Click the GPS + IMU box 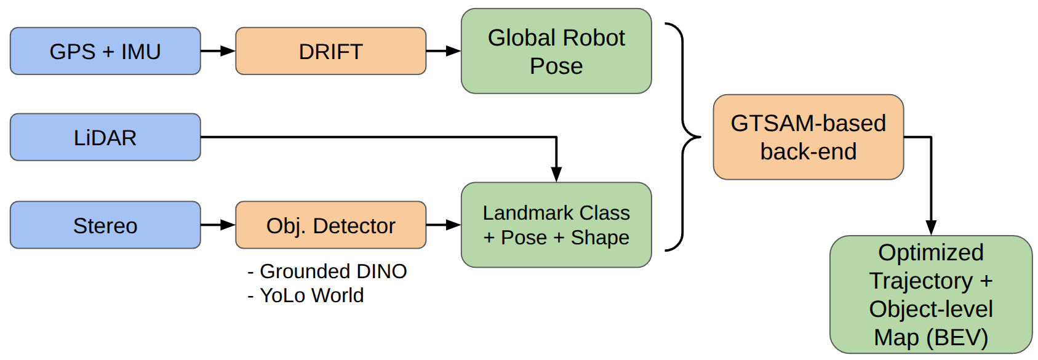tap(105, 51)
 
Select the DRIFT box tap(330, 51)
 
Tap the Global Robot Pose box tap(556, 51)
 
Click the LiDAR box tap(105, 137)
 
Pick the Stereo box tap(105, 225)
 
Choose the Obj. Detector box tap(330, 225)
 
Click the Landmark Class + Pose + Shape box tap(556, 225)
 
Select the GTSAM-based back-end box tap(808, 137)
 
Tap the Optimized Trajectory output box tap(930, 294)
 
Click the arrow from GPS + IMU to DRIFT tap(218, 51)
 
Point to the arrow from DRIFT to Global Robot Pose tap(443, 51)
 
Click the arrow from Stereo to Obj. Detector tap(218, 225)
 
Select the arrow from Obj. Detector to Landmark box tap(443, 225)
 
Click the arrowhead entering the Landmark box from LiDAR tap(556, 174)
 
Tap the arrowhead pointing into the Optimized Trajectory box tap(931, 227)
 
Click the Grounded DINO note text tap(327, 271)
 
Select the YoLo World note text tap(306, 295)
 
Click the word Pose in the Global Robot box tap(556, 66)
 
